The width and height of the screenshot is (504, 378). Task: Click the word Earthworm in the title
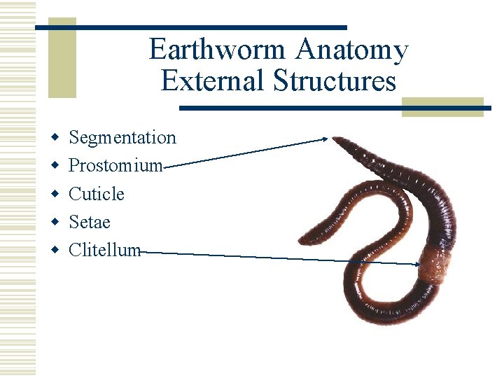(218, 50)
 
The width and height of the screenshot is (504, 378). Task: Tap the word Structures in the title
(335, 81)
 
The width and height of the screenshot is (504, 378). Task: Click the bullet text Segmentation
(122, 137)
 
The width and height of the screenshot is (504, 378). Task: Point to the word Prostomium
(115, 166)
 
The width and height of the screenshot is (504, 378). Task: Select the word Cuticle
(97, 194)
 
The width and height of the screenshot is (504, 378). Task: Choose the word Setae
(90, 222)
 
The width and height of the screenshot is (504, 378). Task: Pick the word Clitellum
(105, 250)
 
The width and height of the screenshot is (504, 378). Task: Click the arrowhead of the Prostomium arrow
(325, 139)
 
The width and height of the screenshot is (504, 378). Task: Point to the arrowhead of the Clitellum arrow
(416, 264)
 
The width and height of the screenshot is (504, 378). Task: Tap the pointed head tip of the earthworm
(335, 140)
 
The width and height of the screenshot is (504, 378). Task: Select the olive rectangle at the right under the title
(442, 106)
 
